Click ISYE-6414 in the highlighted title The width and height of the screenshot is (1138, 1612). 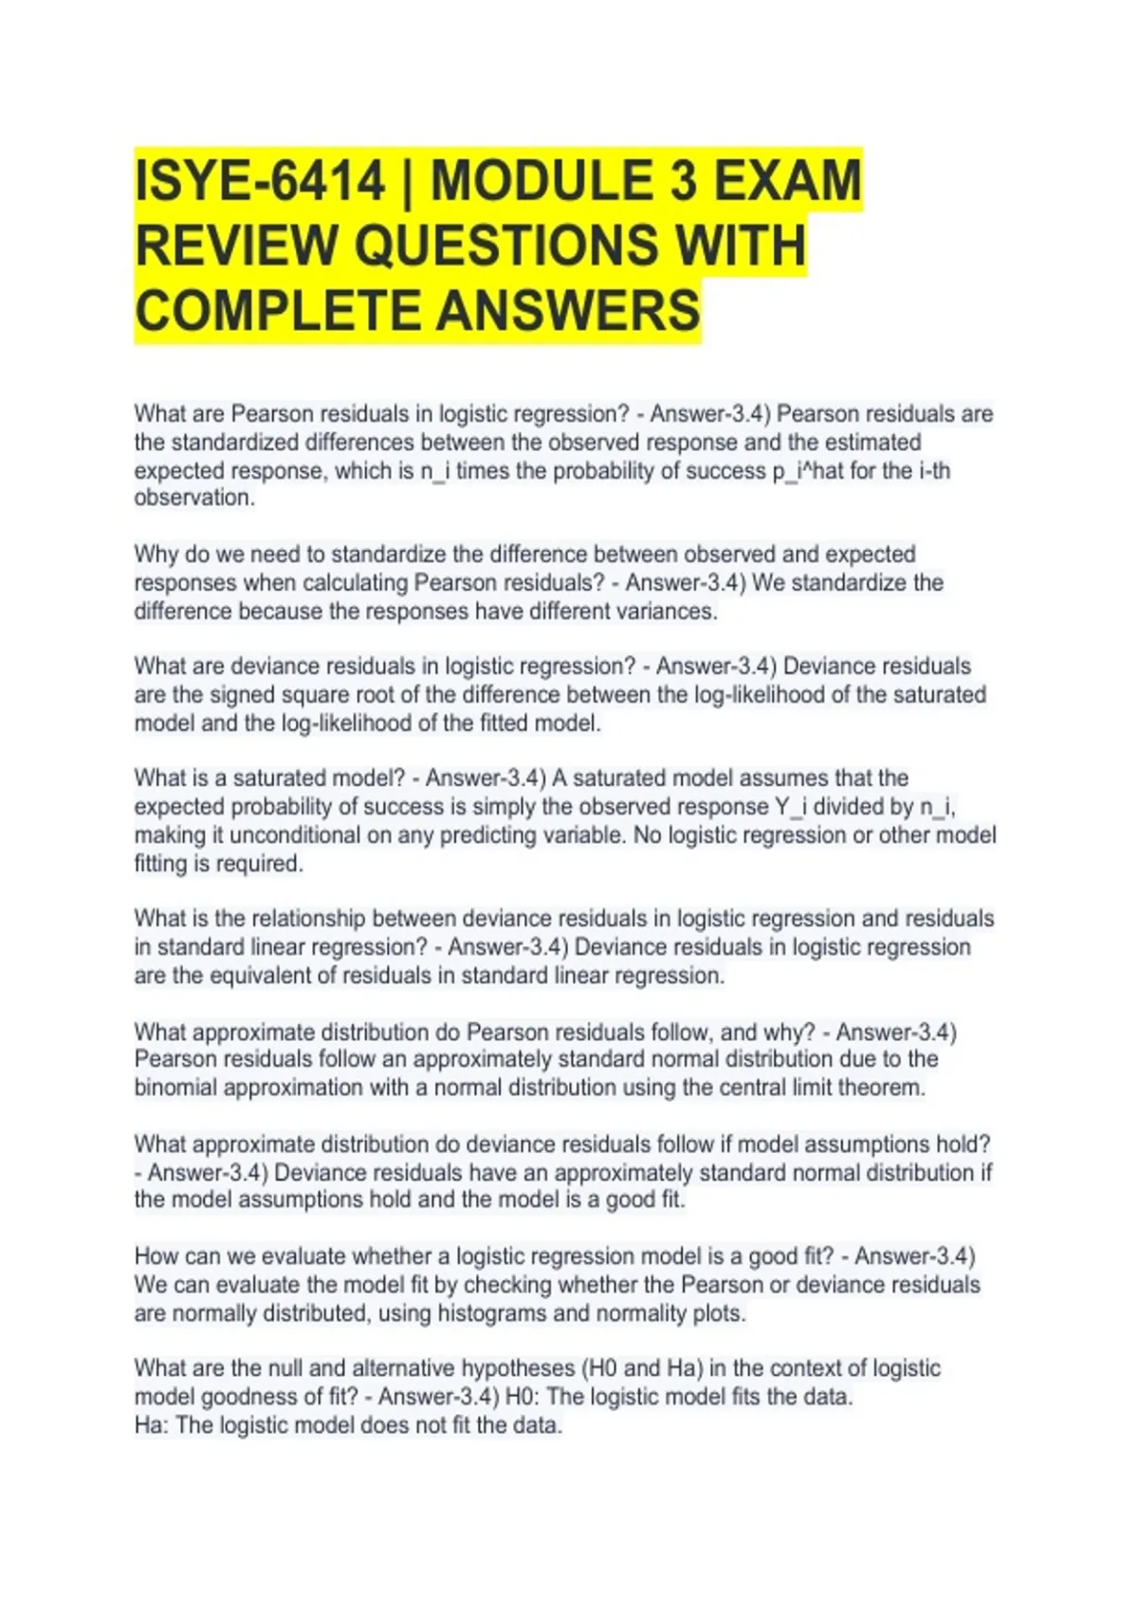(x=260, y=182)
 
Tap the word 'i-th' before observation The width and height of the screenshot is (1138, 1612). (x=934, y=471)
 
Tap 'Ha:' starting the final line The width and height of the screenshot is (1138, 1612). (x=152, y=1425)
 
